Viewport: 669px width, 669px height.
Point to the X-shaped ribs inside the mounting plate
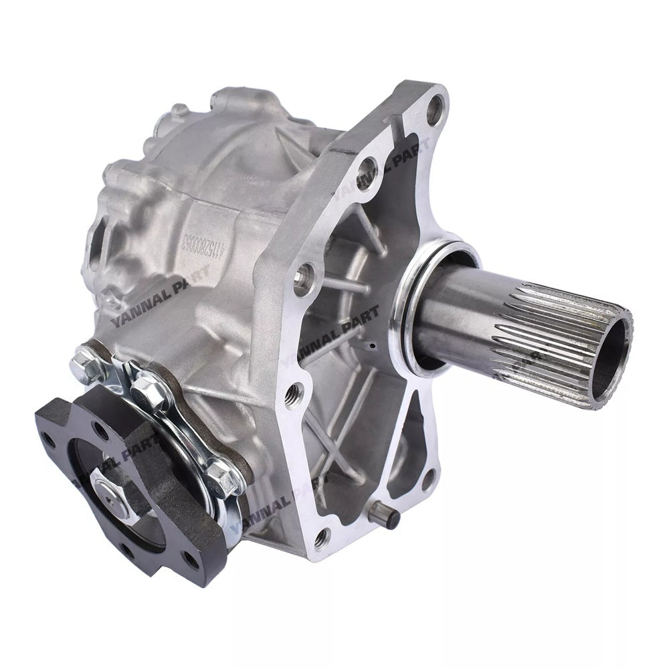[x=348, y=428]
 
